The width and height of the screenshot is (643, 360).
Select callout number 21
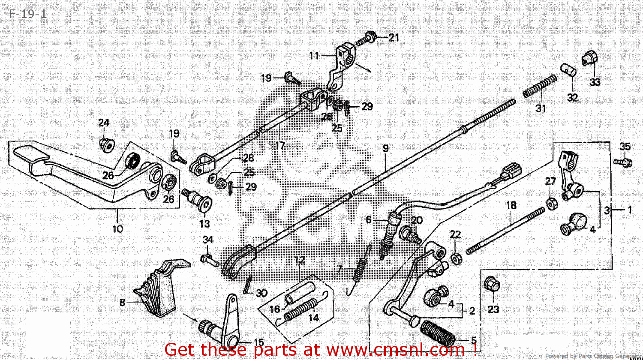pyautogui.click(x=394, y=38)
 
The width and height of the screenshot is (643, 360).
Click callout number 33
pyautogui.click(x=595, y=82)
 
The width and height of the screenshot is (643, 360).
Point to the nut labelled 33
pyautogui.click(x=590, y=59)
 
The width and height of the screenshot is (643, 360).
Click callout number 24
pyautogui.click(x=103, y=123)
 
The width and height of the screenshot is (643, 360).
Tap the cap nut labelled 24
pyautogui.click(x=106, y=144)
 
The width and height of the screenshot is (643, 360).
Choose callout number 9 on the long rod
pyautogui.click(x=385, y=149)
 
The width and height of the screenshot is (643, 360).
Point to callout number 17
pyautogui.click(x=280, y=145)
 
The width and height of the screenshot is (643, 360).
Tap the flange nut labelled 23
pyautogui.click(x=491, y=285)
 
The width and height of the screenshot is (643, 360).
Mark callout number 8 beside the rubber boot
pyautogui.click(x=122, y=303)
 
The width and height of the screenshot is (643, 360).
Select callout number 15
pyautogui.click(x=259, y=342)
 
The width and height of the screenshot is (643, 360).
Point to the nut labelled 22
pyautogui.click(x=456, y=258)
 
